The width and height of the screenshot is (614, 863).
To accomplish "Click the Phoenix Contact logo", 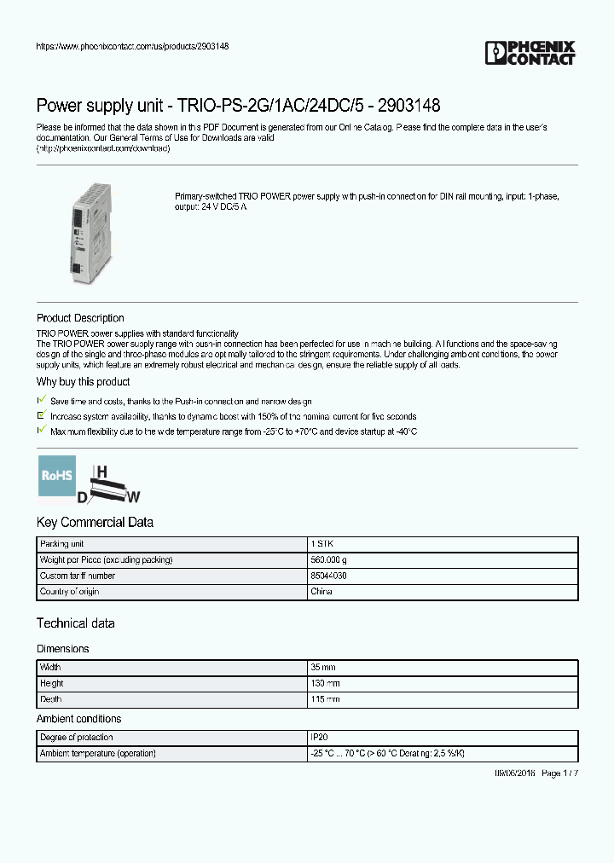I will tap(530, 53).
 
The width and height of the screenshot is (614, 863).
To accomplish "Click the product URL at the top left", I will tap(132, 46).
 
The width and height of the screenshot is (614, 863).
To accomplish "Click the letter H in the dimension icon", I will tap(101, 472).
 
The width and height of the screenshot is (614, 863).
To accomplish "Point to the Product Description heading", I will tap(80, 318).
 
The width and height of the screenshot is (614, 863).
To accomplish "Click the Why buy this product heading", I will tap(83, 382).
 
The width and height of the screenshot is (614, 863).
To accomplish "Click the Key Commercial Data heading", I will tap(95, 522).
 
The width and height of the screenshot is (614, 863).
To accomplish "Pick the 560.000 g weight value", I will tap(328, 560).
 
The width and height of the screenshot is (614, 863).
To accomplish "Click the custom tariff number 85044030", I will tap(328, 576).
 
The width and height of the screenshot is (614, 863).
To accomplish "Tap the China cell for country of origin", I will tap(321, 591).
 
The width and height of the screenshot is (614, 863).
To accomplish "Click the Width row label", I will tap(50, 668).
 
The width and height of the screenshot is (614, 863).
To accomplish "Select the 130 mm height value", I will tap(325, 684).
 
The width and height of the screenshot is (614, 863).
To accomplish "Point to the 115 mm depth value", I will tap(325, 699).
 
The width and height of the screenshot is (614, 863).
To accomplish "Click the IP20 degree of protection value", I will tap(318, 738).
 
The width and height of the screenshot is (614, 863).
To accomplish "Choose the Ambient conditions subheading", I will tap(78, 719).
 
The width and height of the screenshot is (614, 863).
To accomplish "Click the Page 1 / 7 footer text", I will tap(559, 773).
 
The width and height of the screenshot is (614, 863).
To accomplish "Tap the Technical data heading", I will tap(75, 623).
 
